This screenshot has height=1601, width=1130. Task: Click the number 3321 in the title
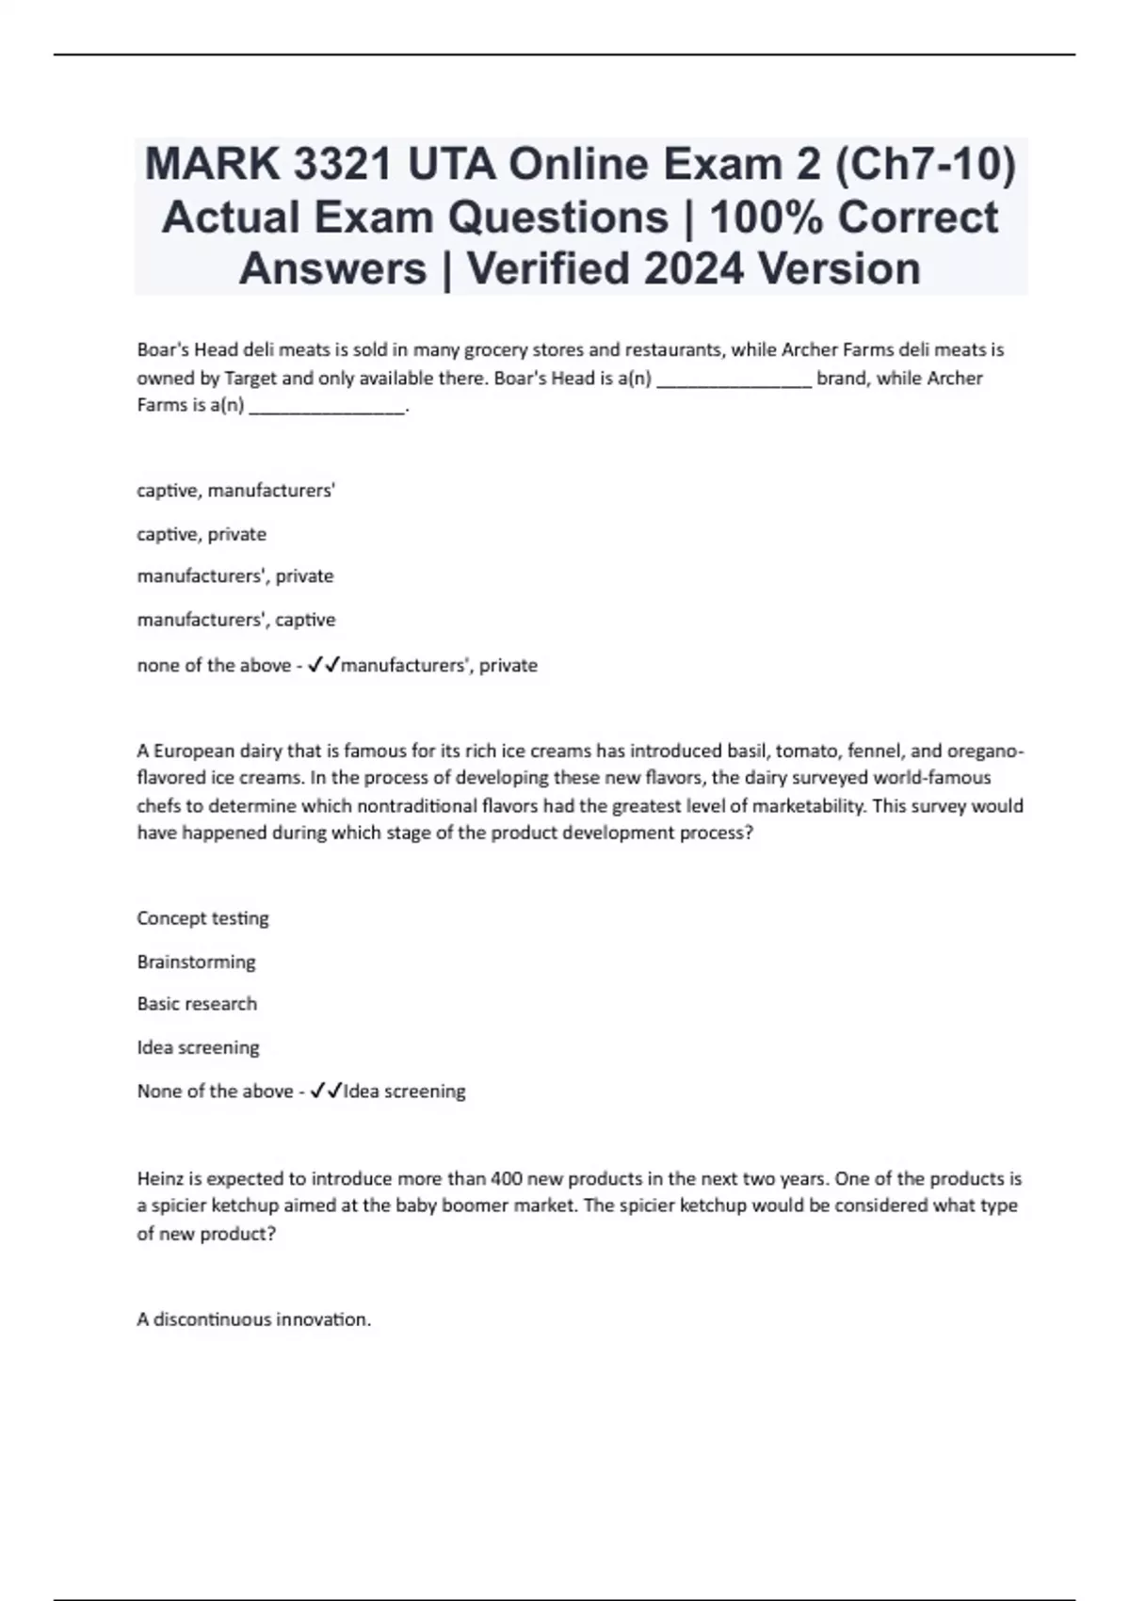pos(342,166)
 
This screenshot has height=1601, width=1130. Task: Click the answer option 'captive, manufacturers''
pos(235,491)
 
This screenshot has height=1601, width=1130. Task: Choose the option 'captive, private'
pos(202,534)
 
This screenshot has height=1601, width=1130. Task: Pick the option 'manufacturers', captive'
pos(235,620)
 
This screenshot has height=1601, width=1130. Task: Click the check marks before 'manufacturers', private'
pos(324,666)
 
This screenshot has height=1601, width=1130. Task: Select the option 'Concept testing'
pos(202,918)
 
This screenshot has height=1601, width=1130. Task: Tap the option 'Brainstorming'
pos(196,962)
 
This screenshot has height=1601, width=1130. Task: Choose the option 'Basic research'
pos(197,1004)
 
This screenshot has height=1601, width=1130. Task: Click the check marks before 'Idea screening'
pos(326,1092)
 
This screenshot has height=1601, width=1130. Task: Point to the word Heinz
pos(160,1178)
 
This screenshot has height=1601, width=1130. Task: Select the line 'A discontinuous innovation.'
pos(253,1319)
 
